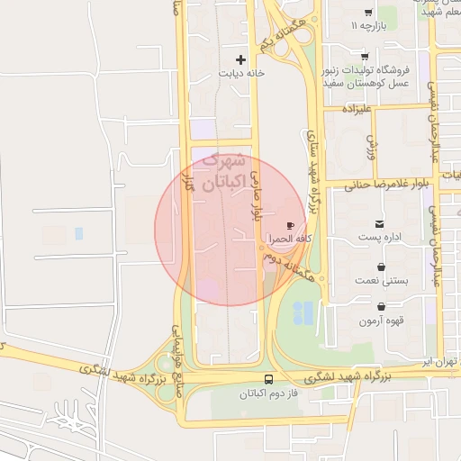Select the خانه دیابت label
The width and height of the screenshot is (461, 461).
tap(241, 75)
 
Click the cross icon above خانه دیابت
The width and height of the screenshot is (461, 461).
tap(241, 59)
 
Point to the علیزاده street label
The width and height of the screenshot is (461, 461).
tap(357, 108)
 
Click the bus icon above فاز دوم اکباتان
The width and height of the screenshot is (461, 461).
tap(269, 379)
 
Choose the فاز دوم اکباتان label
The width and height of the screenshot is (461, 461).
tap(269, 394)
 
